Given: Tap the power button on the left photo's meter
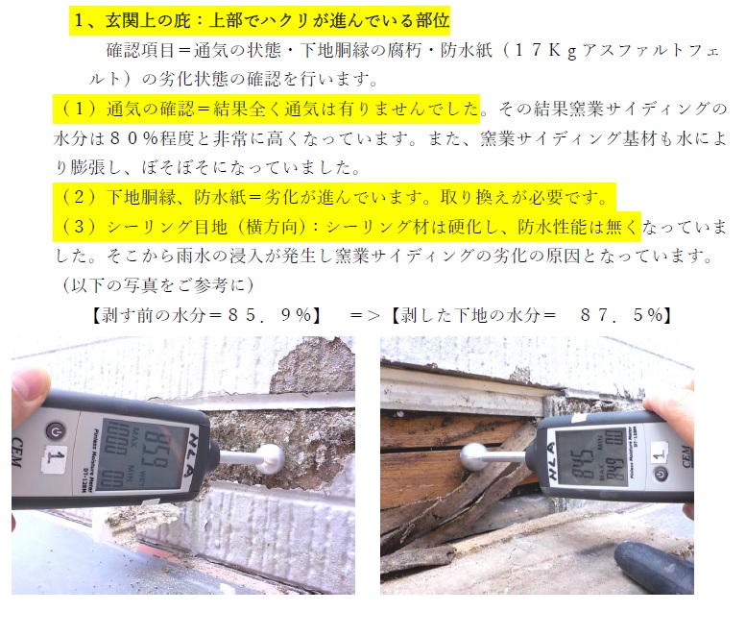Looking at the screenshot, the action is (x=55, y=431).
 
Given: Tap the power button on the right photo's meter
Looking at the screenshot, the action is (x=661, y=475).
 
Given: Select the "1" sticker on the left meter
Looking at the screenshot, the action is (x=55, y=460).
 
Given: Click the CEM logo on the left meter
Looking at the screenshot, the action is (x=17, y=453).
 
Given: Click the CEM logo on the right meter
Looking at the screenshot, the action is (x=686, y=457).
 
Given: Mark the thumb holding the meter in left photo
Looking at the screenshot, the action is (x=30, y=394).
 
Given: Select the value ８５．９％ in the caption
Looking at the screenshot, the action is (x=270, y=315).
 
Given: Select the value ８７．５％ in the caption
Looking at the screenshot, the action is (x=621, y=315).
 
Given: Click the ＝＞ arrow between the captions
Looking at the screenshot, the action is (x=365, y=315).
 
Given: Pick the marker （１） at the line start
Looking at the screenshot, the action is (x=80, y=109).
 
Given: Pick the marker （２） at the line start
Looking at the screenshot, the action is (x=80, y=197).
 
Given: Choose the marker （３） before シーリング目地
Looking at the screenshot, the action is (x=80, y=226).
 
